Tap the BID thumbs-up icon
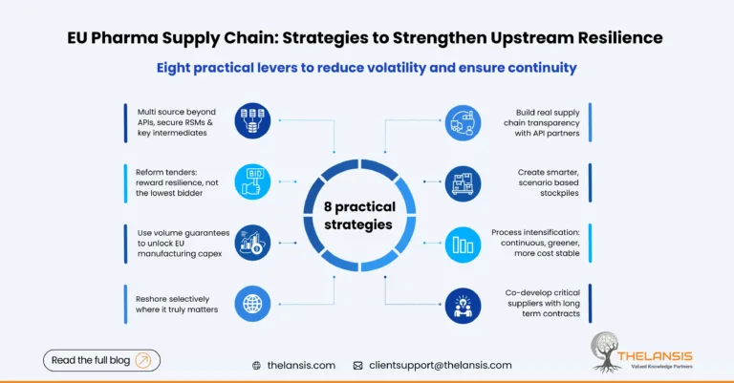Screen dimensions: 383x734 click(x=253, y=180)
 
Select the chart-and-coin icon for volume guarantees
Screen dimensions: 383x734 click(x=253, y=240)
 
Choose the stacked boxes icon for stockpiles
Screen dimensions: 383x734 click(x=463, y=181)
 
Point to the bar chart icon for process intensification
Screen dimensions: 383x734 click(x=463, y=241)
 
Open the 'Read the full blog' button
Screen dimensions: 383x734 click(x=101, y=360)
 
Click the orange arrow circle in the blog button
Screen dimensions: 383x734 click(x=144, y=360)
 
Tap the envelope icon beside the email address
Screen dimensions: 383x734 click(x=357, y=365)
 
